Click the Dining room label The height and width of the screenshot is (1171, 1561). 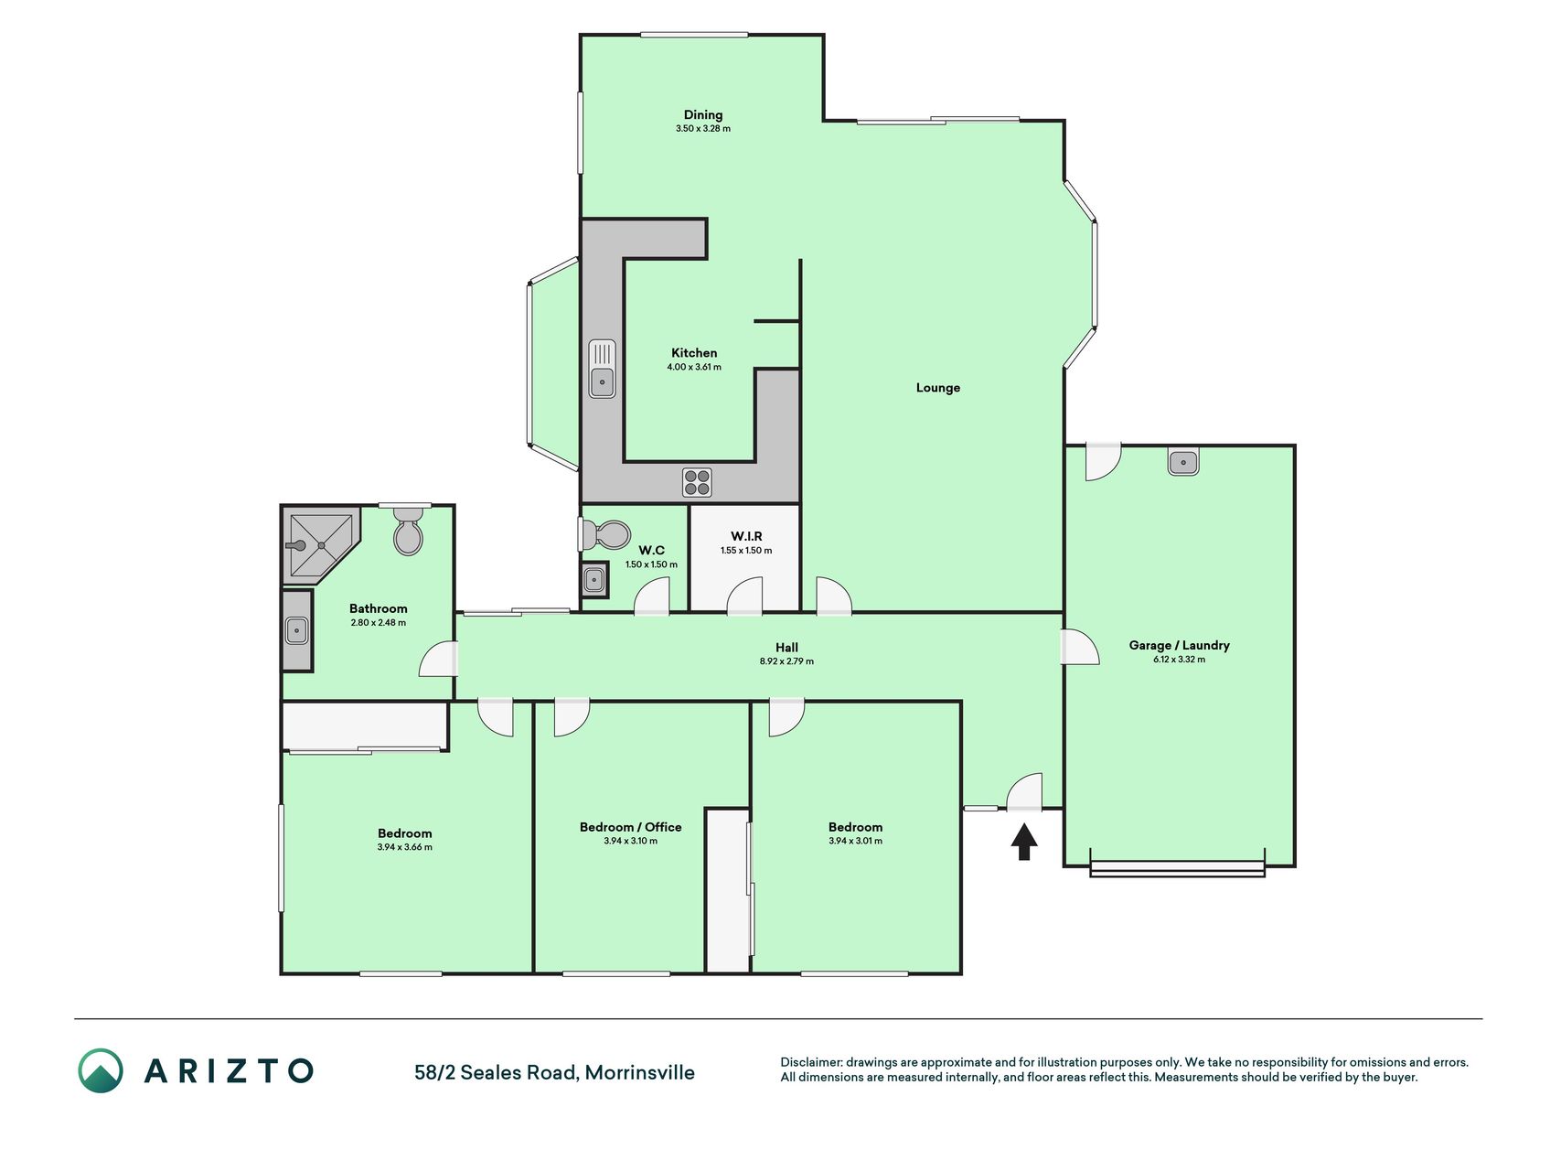pyautogui.click(x=703, y=114)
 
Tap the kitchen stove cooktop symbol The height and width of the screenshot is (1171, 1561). pyautogui.click(x=697, y=482)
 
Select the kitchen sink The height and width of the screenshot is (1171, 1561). pyautogui.click(x=602, y=369)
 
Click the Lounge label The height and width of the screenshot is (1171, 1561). pyautogui.click(x=938, y=388)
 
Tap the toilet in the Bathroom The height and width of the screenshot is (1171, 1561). pyautogui.click(x=409, y=532)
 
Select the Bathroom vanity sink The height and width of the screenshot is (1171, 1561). pyautogui.click(x=296, y=630)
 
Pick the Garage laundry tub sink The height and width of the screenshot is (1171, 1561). pyautogui.click(x=1183, y=462)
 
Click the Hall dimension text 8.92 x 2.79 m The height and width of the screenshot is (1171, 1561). pyautogui.click(x=786, y=661)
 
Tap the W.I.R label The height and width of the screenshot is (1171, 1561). pyautogui.click(x=746, y=536)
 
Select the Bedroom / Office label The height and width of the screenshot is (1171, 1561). pyautogui.click(x=631, y=827)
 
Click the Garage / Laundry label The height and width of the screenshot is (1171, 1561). pyautogui.click(x=1180, y=645)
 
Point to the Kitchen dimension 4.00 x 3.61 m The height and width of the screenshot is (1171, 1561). pyautogui.click(x=694, y=368)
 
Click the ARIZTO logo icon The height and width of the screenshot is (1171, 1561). pyautogui.click(x=101, y=1070)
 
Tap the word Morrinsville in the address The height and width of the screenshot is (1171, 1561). pyautogui.click(x=640, y=1073)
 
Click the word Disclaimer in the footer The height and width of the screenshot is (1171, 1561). pyautogui.click(x=811, y=1063)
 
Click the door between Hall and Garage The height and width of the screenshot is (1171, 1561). pyautogui.click(x=1079, y=647)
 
